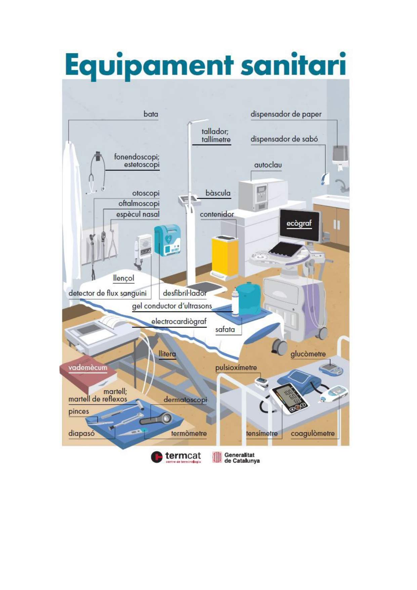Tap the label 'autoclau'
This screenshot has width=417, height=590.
(x=268, y=165)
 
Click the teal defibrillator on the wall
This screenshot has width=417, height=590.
(x=168, y=240)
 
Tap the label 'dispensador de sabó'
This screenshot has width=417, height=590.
(x=284, y=139)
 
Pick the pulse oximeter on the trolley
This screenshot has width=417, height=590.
(x=261, y=382)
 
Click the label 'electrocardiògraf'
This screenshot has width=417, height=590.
(x=178, y=322)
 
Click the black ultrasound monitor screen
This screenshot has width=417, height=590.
(x=299, y=225)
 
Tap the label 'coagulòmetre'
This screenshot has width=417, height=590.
(x=312, y=434)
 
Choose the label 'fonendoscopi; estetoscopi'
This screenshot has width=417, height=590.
(x=137, y=161)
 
